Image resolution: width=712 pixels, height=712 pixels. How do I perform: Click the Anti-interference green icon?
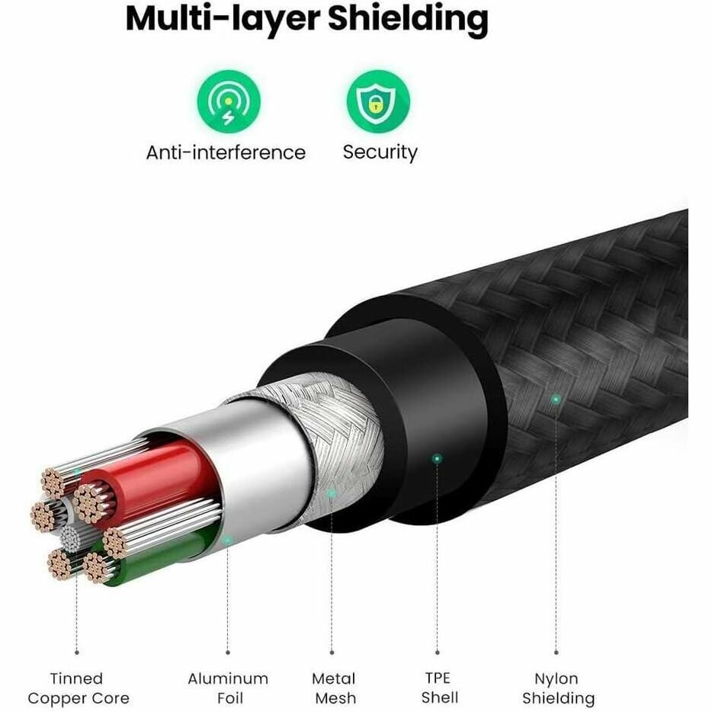[x=229, y=101]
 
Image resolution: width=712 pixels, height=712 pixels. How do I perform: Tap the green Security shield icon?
[x=378, y=101]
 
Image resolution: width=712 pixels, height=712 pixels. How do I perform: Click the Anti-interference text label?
[x=226, y=152]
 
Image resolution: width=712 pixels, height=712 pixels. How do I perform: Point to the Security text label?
[x=380, y=152]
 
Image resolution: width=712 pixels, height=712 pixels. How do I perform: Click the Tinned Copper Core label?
[x=78, y=688]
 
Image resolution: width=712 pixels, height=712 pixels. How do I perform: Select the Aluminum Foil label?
[x=228, y=688]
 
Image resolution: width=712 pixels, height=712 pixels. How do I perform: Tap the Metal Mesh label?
[x=333, y=688]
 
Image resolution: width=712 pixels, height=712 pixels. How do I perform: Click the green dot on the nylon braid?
[x=556, y=399]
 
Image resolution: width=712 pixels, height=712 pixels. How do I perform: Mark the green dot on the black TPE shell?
[x=437, y=458]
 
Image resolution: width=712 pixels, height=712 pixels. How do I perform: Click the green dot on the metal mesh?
[x=332, y=493]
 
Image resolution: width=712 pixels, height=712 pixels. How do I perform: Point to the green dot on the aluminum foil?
[x=227, y=540]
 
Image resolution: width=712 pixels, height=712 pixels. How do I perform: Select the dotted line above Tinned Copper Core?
[x=76, y=617]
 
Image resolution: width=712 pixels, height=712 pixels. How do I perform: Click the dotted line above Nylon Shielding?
[x=556, y=534]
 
